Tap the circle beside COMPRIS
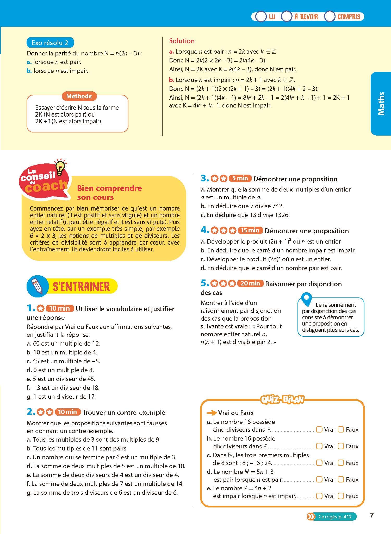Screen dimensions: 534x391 330,17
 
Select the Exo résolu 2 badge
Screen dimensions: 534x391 50,43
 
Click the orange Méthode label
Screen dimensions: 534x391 79,96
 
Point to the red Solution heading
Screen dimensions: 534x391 182,41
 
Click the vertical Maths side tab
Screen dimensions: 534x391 381,103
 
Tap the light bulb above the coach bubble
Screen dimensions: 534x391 60,167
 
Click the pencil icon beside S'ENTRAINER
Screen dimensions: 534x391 37,286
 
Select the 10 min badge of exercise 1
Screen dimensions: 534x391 60,308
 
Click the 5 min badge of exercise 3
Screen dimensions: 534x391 240,178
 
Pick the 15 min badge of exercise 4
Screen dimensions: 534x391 250,230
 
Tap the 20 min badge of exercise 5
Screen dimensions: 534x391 250,283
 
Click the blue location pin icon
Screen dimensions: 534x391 306,299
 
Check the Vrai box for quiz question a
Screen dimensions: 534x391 319,429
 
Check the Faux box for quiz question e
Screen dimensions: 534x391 341,496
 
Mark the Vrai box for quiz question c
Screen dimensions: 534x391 319,463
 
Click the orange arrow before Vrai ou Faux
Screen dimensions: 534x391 211,413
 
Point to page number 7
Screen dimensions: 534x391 372,516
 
